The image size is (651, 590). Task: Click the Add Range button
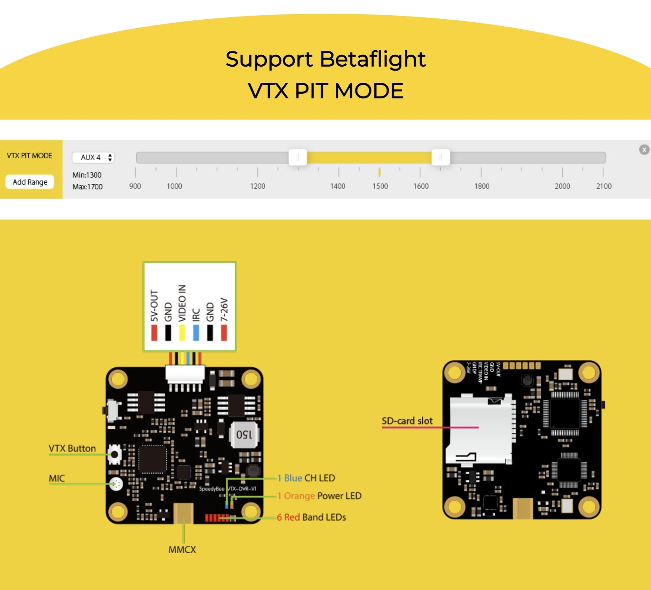click(30, 182)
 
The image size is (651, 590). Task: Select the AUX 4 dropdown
click(93, 157)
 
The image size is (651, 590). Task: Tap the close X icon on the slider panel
click(644, 150)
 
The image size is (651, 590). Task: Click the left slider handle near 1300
click(298, 158)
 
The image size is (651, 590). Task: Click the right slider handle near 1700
click(441, 158)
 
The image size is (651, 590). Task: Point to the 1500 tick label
click(380, 186)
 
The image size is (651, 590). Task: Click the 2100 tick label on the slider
click(604, 186)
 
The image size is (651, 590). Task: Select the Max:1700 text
click(87, 187)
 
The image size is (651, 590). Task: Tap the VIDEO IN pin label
click(182, 303)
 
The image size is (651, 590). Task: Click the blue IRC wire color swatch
click(196, 332)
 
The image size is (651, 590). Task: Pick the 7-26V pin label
click(224, 309)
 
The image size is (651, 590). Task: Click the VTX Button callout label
click(72, 448)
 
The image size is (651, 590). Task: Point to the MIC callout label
click(57, 478)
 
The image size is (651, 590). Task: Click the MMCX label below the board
click(182, 550)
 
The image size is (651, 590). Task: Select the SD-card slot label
click(407, 421)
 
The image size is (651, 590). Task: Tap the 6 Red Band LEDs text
click(311, 517)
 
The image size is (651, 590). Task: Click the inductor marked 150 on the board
click(244, 434)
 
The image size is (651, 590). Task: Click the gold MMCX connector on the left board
click(183, 513)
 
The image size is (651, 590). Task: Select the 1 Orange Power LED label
click(319, 496)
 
